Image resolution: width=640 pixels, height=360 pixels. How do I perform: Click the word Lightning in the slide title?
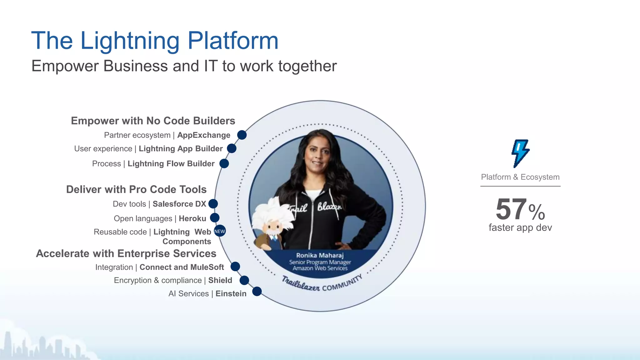tap(130, 41)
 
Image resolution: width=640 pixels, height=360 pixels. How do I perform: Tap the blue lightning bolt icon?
tap(520, 153)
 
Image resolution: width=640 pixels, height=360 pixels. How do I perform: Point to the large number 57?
tap(511, 209)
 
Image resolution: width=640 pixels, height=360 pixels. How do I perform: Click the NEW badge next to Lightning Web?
tap(220, 231)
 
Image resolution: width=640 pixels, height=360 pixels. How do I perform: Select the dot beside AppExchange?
tap(242, 135)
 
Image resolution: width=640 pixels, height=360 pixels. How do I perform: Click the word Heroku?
tap(192, 218)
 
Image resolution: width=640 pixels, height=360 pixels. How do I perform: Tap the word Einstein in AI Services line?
tap(231, 294)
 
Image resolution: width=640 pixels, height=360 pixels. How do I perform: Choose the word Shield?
tap(220, 280)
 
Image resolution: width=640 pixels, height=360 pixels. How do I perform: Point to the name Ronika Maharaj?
tap(320, 255)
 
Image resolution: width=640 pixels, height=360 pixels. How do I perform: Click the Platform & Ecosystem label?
tap(520, 177)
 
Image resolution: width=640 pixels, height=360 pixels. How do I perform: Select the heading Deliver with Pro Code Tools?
tap(136, 189)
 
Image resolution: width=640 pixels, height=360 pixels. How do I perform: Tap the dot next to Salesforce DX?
tap(213, 204)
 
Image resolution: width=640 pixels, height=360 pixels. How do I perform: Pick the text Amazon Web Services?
tap(320, 268)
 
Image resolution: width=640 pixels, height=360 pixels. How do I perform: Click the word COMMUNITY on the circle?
tap(342, 283)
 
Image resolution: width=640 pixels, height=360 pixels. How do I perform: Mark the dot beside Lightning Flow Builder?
tap(224, 163)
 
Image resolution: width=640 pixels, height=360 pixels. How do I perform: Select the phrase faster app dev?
tap(520, 227)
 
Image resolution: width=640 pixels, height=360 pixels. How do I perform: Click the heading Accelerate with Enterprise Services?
tap(126, 253)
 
